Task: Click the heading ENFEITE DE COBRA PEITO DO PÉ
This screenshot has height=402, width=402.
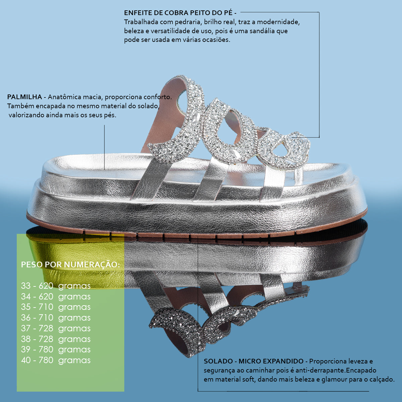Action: (x=178, y=13)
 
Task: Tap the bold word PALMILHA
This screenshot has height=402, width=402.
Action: (x=24, y=97)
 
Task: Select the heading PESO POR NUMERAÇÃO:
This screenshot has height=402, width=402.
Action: (x=70, y=265)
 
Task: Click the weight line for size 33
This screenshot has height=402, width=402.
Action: (x=56, y=286)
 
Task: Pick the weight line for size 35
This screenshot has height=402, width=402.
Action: (x=56, y=307)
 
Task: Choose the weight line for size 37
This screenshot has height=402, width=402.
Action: (x=56, y=328)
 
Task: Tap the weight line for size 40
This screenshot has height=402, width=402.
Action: (x=56, y=360)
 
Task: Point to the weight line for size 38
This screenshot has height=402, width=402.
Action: (x=56, y=339)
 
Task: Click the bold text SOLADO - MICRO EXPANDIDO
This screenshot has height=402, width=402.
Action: (x=254, y=361)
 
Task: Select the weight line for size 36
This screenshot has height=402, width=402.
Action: (x=56, y=318)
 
